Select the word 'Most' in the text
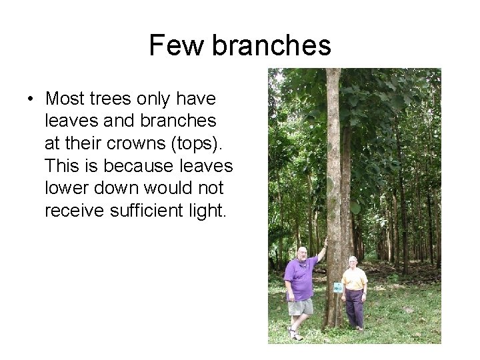68,99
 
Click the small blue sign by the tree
338,287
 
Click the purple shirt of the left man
299,279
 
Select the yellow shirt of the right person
354,279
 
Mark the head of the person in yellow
353,261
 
